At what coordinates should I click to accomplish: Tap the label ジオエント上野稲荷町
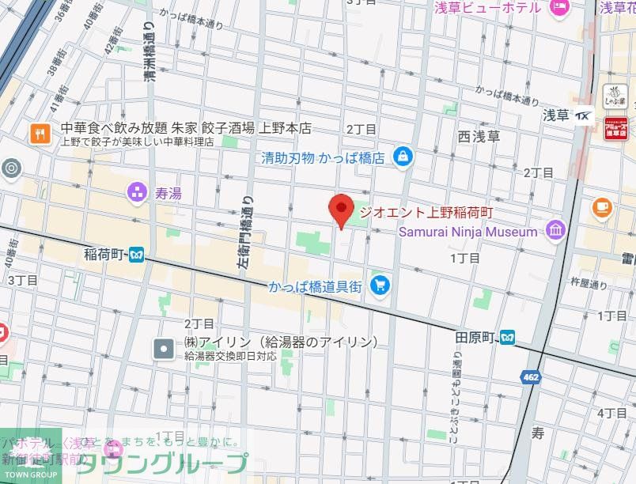(426, 212)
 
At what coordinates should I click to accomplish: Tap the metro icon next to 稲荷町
(137, 255)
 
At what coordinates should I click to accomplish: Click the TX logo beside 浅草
(584, 115)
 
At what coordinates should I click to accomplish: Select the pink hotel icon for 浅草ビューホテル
(559, 7)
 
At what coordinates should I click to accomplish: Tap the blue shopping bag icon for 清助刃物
(404, 157)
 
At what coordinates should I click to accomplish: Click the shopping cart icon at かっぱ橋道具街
(380, 285)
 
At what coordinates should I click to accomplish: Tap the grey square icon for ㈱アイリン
(164, 348)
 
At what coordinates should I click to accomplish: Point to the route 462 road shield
(531, 377)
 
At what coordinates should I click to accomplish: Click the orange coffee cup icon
(602, 207)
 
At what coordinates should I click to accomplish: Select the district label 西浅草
(479, 136)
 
